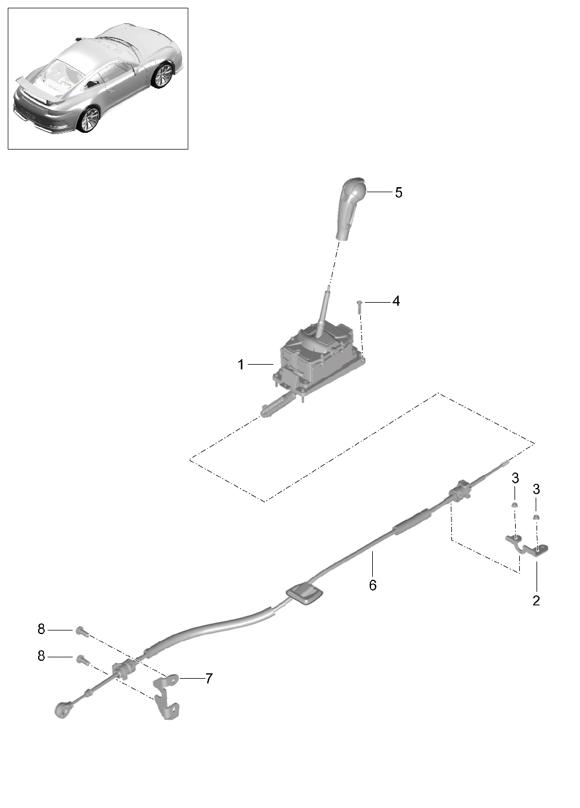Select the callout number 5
click(x=398, y=192)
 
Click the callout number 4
click(x=396, y=301)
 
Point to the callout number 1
click(x=241, y=365)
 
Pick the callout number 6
click(x=373, y=585)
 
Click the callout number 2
click(x=536, y=601)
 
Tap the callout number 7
click(x=208, y=678)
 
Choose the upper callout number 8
click(x=41, y=629)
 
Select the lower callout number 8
click(x=41, y=656)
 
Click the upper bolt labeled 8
click(x=81, y=631)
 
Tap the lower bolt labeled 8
click(x=81, y=660)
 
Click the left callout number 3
click(x=515, y=478)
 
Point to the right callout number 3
click(x=536, y=489)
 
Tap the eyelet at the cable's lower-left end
click(x=62, y=710)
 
